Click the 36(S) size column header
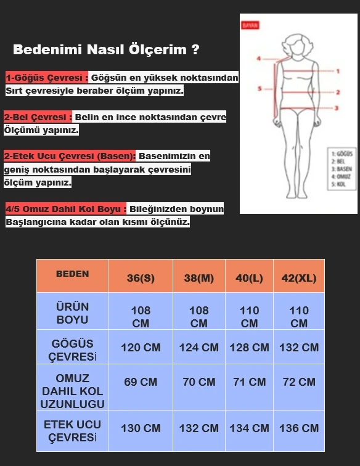click(x=141, y=278)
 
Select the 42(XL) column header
click(x=299, y=278)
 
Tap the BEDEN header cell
click(x=72, y=274)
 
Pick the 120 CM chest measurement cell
click(x=141, y=348)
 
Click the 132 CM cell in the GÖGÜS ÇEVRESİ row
click(x=299, y=348)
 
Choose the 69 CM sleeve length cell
click(x=141, y=382)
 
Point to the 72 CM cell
click(x=299, y=382)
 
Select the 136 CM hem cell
click(x=299, y=428)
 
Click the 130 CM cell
click(x=141, y=428)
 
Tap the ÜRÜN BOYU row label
click(x=72, y=313)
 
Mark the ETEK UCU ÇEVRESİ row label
click(x=72, y=431)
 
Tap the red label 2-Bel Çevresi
click(x=38, y=117)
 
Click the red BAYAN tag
click(x=250, y=25)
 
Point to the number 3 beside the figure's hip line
click(x=337, y=108)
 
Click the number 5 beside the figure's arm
click(x=260, y=88)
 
